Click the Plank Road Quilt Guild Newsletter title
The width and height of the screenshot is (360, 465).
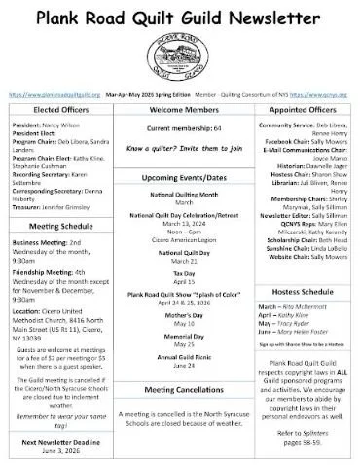(179, 17)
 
